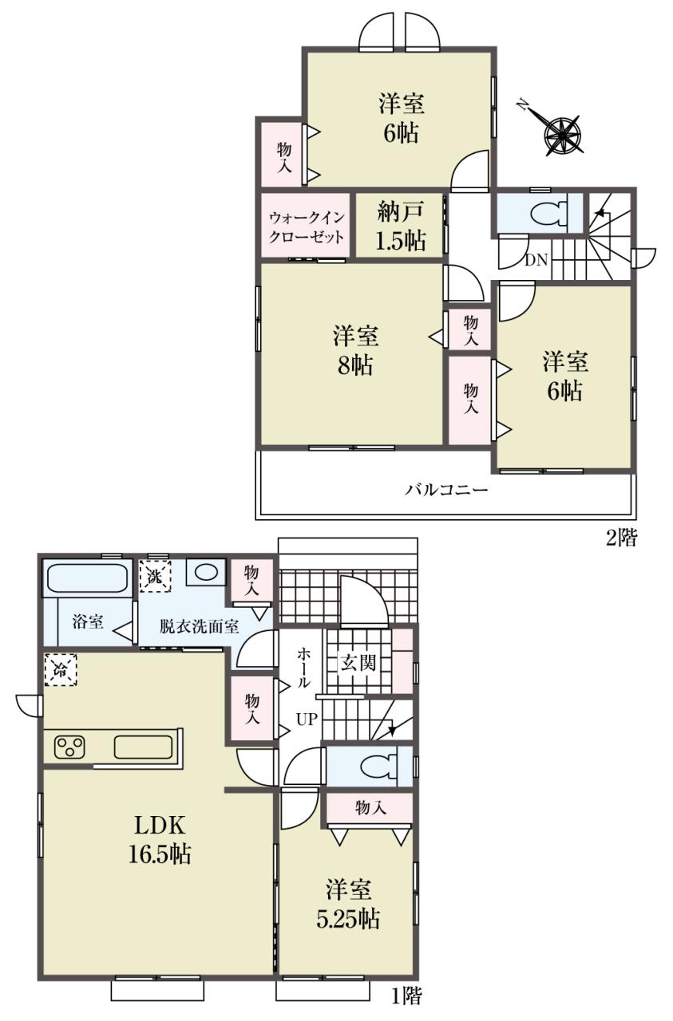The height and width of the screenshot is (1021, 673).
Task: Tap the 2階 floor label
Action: [621, 538]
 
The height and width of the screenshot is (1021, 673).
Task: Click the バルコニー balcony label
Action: [447, 490]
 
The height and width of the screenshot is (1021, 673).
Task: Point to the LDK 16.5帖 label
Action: [159, 838]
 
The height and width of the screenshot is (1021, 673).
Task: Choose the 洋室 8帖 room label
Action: [355, 350]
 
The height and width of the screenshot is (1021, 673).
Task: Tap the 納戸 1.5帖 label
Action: [401, 227]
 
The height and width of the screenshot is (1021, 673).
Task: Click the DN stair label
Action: [536, 261]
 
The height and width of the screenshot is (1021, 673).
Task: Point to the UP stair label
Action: [307, 719]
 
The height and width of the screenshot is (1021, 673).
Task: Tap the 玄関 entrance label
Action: [359, 663]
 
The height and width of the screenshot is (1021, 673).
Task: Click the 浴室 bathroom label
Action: [88, 622]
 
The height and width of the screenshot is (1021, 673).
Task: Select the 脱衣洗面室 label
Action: [199, 627]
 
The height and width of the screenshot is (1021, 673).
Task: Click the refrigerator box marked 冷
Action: [61, 669]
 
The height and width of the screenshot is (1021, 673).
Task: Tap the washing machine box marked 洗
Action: [155, 577]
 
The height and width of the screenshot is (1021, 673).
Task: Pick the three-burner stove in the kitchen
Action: [69, 748]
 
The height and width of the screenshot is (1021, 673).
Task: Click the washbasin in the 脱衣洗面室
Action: [206, 572]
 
